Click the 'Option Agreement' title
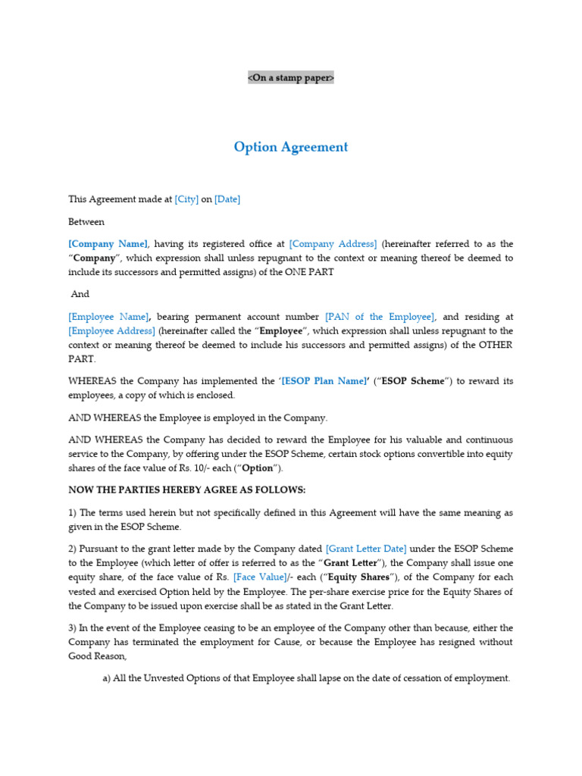[291, 147]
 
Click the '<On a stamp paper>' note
[291, 78]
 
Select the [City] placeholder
[186, 199]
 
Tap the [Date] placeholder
[227, 199]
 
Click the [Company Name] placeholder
[108, 244]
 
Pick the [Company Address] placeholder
[333, 244]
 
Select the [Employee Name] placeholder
[108, 317]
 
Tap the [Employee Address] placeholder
[111, 331]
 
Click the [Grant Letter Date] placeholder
[366, 548]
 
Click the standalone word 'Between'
[86, 222]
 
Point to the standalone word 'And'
[80, 294]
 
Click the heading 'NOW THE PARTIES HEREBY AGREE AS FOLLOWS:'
[187, 490]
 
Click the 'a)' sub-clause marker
[107, 678]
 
